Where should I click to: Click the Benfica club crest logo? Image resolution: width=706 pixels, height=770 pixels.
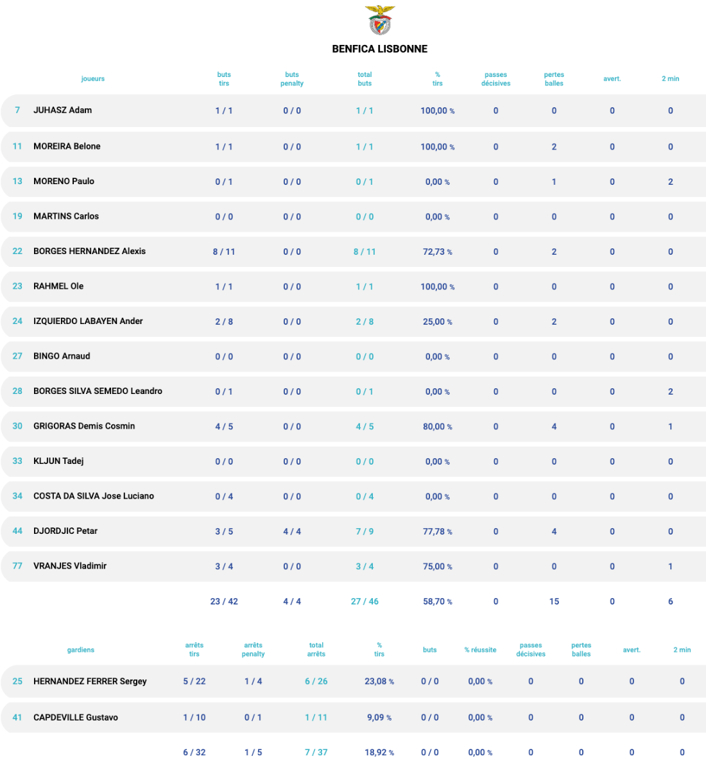(x=380, y=20)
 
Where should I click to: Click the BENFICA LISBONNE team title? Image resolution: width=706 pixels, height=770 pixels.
(x=379, y=49)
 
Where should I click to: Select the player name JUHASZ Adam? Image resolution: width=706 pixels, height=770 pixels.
(x=62, y=110)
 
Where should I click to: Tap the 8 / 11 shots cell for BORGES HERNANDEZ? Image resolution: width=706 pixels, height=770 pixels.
(x=224, y=252)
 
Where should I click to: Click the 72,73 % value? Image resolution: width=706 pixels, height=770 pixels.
(x=437, y=252)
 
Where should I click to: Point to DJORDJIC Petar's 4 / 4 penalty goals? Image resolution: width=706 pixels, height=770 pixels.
(x=292, y=531)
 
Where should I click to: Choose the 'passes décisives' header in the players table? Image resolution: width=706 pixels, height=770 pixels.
(x=495, y=79)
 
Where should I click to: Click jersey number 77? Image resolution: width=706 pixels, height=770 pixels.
(x=17, y=566)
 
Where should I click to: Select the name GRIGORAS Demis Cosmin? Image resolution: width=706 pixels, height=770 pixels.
(x=84, y=426)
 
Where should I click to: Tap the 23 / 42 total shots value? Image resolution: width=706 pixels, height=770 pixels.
(x=224, y=601)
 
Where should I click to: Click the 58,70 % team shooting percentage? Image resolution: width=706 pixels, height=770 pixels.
(x=437, y=601)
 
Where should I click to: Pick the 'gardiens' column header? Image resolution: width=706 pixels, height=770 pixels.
(x=81, y=650)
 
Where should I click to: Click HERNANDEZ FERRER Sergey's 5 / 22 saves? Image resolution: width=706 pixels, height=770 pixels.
(x=194, y=681)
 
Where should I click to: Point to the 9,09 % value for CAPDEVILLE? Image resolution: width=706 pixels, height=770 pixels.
(x=379, y=717)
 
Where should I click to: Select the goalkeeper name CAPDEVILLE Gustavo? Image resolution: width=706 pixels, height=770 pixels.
(x=76, y=717)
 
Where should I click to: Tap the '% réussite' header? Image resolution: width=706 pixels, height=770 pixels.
(x=480, y=650)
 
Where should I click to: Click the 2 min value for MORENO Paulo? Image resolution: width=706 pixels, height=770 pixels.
(x=670, y=182)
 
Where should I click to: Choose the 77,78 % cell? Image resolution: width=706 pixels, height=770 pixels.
(x=437, y=531)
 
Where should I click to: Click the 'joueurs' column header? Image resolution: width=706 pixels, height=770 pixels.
(x=93, y=79)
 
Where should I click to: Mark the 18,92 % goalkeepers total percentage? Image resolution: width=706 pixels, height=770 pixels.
(x=379, y=752)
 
